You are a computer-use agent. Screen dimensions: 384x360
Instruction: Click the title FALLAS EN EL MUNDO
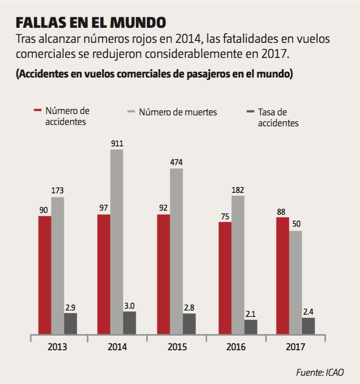(91, 22)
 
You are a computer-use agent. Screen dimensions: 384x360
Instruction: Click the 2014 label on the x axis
(117, 347)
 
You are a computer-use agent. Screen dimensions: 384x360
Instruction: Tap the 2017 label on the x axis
(296, 347)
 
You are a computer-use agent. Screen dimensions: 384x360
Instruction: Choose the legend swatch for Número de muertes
(131, 111)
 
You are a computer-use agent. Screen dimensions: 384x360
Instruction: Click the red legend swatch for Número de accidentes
(38, 110)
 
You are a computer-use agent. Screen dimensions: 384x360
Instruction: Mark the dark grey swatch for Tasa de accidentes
(250, 111)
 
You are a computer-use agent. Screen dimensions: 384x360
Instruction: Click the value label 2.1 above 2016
(251, 313)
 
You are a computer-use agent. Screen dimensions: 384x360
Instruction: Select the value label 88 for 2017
(282, 212)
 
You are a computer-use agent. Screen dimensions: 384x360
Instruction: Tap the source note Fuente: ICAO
(320, 372)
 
